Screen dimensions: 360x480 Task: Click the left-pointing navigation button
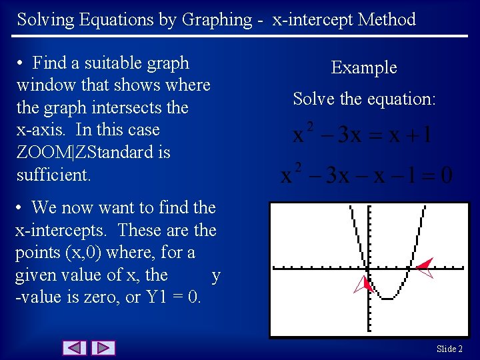(75, 347)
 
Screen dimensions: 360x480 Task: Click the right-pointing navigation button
(103, 347)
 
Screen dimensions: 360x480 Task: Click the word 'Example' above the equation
(364, 67)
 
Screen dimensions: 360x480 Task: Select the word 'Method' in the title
(387, 19)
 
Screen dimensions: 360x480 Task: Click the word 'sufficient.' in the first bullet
(53, 175)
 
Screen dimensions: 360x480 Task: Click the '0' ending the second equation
(446, 175)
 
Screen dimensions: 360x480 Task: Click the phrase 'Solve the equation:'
(364, 99)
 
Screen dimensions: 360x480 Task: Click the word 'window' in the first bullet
(43, 85)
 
